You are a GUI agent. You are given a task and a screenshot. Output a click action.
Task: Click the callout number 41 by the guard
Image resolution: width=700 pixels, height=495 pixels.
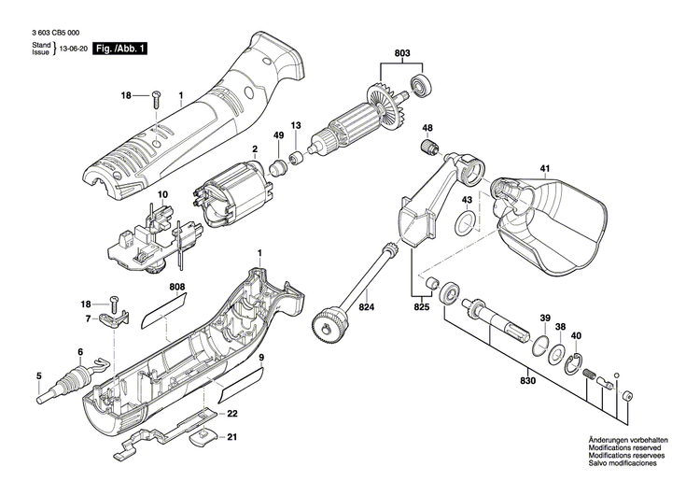coord(544,169)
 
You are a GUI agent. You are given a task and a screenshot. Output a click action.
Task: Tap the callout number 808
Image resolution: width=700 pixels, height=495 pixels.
coord(178,288)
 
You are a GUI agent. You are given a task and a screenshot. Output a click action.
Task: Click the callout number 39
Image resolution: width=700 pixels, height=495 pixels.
coord(544,317)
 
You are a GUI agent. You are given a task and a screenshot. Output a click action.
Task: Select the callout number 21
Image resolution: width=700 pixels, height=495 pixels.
coord(232,437)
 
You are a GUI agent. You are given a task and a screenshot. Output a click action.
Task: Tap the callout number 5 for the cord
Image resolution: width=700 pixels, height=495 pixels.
coord(38,376)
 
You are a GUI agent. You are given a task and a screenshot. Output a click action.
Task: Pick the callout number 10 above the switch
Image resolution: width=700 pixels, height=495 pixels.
coord(161,195)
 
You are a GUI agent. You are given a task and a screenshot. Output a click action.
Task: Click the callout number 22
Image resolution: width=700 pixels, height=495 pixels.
coord(232,414)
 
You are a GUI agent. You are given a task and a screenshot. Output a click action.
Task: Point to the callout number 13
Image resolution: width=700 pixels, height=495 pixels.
coord(296,125)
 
